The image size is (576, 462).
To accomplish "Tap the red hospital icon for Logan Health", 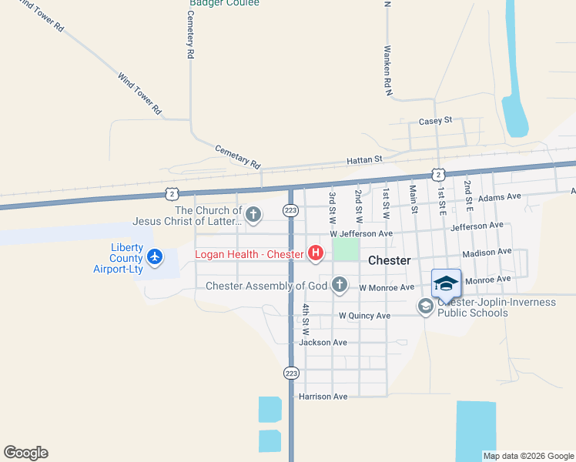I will [315, 253].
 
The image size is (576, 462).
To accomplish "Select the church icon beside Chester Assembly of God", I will [339, 286].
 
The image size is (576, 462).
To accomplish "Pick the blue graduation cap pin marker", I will [446, 285].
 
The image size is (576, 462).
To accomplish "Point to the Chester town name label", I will [389, 260].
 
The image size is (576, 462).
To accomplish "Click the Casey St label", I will [435, 121].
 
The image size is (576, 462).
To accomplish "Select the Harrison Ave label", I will [323, 397].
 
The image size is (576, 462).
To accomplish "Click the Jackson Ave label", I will [323, 342].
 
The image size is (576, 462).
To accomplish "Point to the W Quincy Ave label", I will [365, 316].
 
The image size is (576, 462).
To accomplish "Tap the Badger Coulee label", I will [225, 3].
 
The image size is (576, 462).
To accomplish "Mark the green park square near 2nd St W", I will [346, 249].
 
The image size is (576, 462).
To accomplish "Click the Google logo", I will [25, 453].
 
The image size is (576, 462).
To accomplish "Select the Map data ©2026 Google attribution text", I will [528, 456].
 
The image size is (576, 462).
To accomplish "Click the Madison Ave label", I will [487, 252].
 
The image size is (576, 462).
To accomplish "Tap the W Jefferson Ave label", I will [361, 233].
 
